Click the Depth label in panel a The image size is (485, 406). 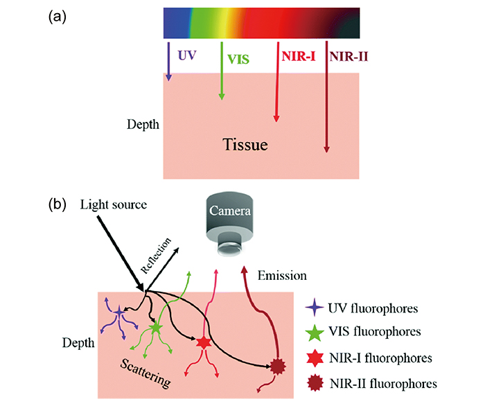[x=143, y=125]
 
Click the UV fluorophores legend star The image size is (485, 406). [x=316, y=305]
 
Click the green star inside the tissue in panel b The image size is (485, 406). [x=155, y=326]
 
